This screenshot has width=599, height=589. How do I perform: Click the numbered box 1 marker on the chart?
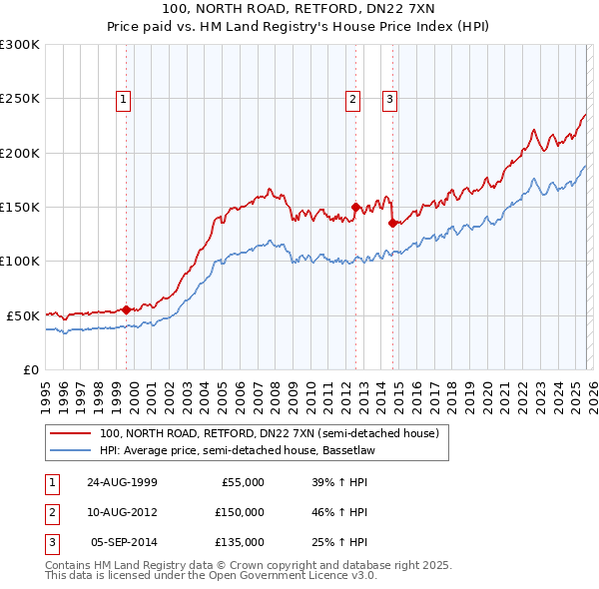123,99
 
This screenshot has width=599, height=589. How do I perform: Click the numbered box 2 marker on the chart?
353,99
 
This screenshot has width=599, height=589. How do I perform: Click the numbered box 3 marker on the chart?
389,99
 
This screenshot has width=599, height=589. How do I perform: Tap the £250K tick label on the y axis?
20,99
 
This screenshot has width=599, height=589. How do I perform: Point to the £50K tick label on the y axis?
24,315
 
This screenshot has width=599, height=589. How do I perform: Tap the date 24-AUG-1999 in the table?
122,482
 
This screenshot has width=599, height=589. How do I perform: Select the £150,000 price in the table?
239,512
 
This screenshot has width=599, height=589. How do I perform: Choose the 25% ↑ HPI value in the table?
339,542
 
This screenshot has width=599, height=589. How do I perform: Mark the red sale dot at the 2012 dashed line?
355,208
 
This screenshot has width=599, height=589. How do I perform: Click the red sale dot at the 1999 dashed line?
127,309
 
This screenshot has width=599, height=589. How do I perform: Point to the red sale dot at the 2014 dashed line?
392,224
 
